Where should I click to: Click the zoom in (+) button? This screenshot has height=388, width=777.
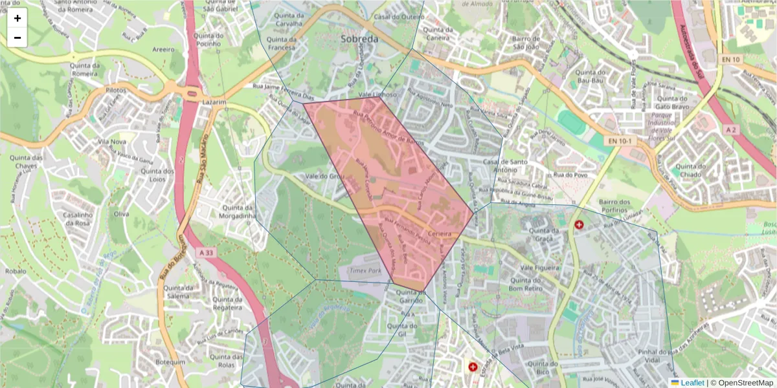coord(17,18)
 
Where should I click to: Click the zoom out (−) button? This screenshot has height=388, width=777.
coord(17,38)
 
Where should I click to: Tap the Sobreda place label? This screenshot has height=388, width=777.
coord(359,39)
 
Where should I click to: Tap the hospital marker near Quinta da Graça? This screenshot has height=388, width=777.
coord(579,225)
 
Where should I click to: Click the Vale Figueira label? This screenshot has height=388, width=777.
coord(539,266)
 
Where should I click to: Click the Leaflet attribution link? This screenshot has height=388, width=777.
coord(692,383)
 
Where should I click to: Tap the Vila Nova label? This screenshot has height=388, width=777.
coord(111,142)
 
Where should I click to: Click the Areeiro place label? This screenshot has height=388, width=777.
coord(163,48)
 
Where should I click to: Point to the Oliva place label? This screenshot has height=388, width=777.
coord(121,213)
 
